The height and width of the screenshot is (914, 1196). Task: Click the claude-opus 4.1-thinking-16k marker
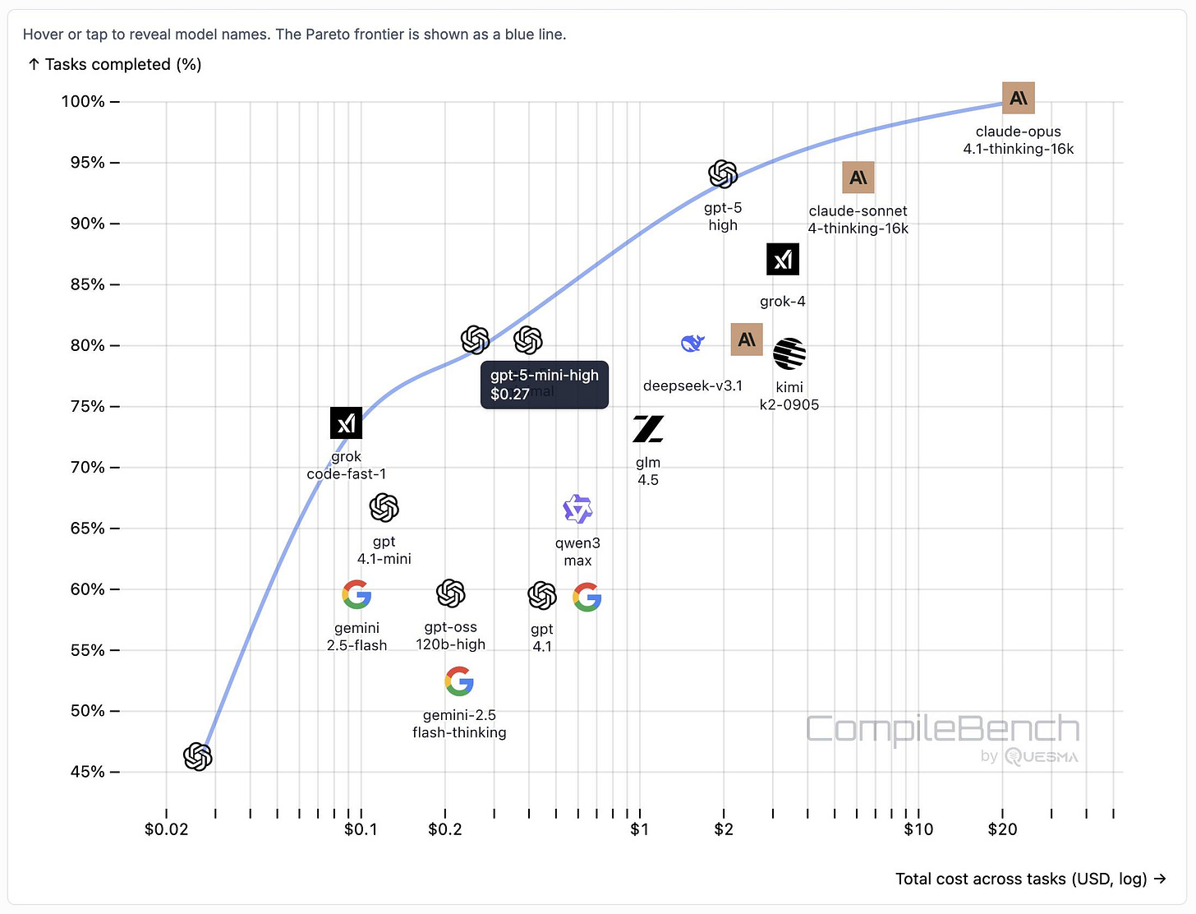tap(1019, 99)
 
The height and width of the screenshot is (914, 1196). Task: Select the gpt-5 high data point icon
tap(723, 174)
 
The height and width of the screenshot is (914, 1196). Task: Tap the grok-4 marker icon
tap(783, 260)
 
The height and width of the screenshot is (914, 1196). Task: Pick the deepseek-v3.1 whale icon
tap(692, 343)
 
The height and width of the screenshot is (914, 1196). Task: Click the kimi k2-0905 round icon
tap(789, 353)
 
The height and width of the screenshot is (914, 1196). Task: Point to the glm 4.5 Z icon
tap(648, 429)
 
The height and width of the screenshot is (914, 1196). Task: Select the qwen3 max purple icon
tap(577, 510)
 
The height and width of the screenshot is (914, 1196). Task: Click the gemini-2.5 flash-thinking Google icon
tap(459, 681)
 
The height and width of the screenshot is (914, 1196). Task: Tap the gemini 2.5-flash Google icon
tap(356, 594)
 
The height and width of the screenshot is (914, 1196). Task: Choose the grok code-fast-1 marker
tap(346, 423)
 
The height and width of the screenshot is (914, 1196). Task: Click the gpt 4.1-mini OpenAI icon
tap(384, 508)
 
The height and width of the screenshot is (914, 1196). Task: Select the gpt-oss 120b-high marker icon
tap(451, 593)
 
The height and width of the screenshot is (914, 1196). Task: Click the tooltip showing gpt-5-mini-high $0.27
tap(544, 385)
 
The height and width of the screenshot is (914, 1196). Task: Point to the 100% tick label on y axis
tap(83, 102)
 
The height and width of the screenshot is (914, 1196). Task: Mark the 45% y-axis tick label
tap(87, 772)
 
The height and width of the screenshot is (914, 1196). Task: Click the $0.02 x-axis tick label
tap(166, 829)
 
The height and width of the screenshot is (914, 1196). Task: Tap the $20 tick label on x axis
tap(1002, 829)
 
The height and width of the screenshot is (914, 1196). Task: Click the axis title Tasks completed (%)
tap(115, 64)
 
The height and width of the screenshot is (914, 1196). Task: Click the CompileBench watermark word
tap(942, 729)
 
